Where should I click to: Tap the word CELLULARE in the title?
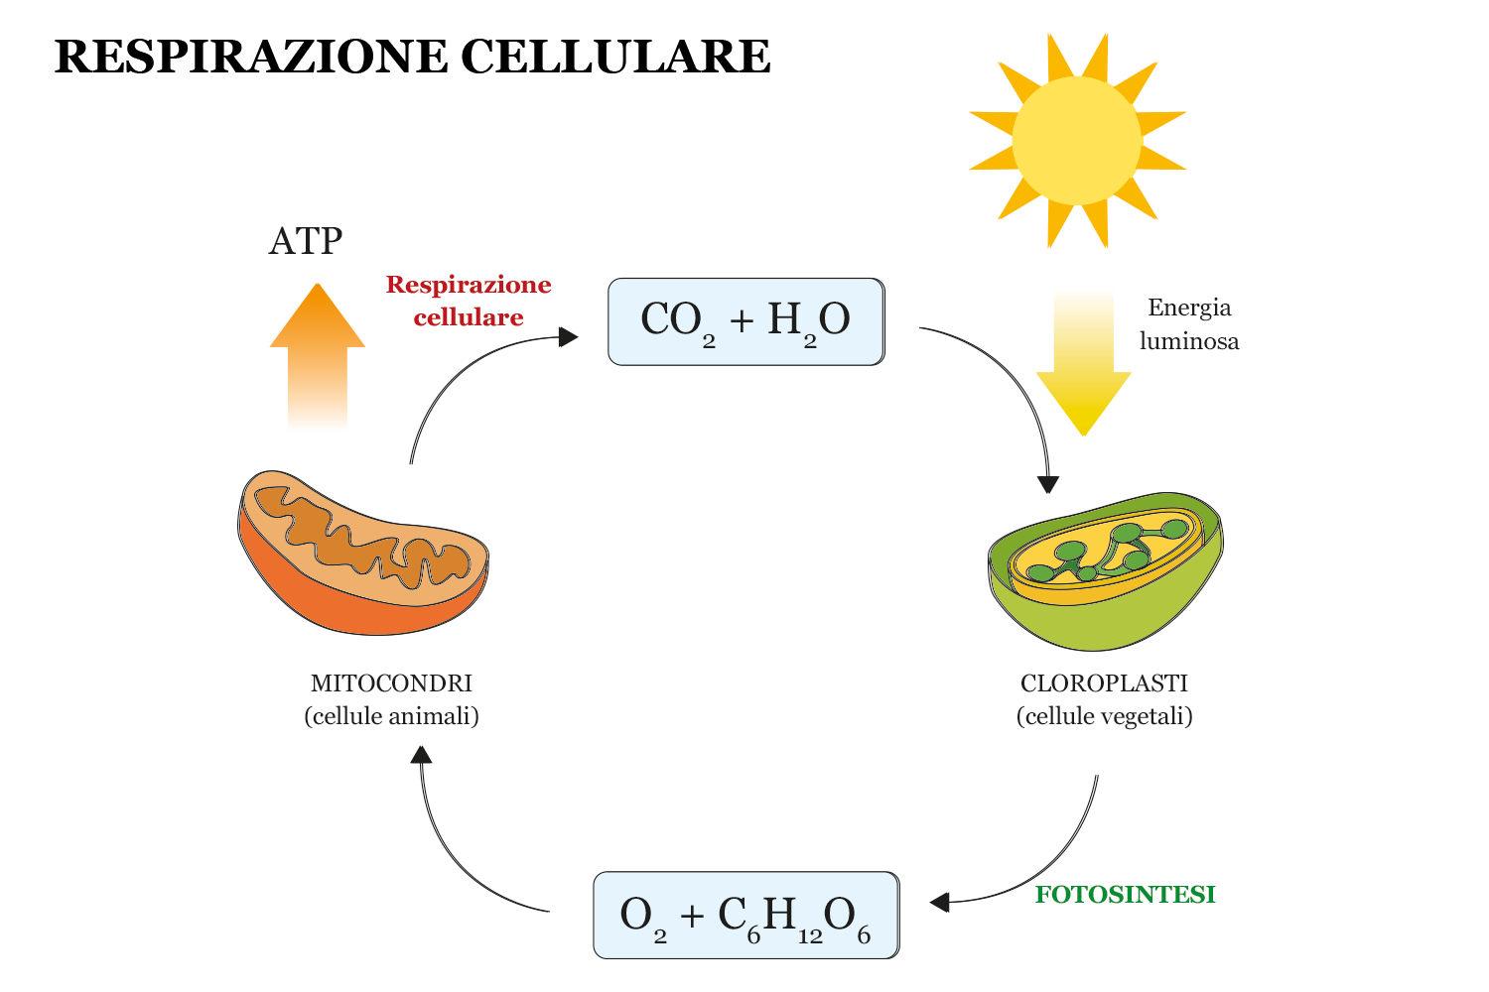click(x=615, y=57)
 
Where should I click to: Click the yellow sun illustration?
click(x=1077, y=141)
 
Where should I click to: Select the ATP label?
click(x=306, y=241)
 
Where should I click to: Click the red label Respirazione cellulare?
click(x=469, y=301)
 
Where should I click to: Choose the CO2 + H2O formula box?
click(x=745, y=321)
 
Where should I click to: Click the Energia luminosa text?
click(x=1189, y=324)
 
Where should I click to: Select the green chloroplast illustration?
click(x=1105, y=570)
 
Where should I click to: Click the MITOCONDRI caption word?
click(x=391, y=683)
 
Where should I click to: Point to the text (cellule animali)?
click(x=391, y=716)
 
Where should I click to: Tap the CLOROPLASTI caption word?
click(x=1104, y=683)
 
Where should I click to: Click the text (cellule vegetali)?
click(x=1104, y=716)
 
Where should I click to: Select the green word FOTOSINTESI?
click(x=1125, y=895)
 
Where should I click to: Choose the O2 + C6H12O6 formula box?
click(x=745, y=915)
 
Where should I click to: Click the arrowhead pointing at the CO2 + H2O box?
click(x=569, y=337)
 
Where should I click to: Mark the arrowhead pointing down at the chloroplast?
click(x=1048, y=484)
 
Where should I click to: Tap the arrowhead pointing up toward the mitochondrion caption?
click(x=422, y=755)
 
